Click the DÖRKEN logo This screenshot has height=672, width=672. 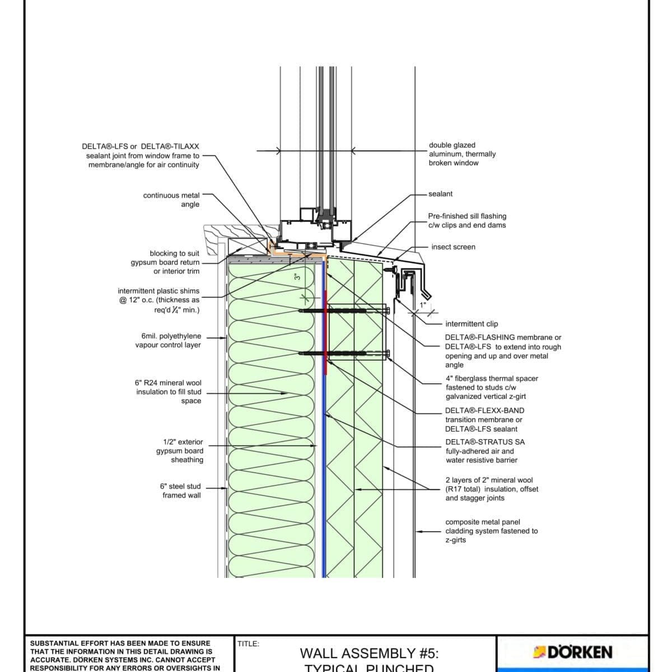[x=572, y=652]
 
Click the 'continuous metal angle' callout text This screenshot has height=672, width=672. [x=171, y=200]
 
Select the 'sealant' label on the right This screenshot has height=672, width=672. [x=440, y=194]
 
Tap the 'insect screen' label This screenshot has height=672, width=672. [x=453, y=247]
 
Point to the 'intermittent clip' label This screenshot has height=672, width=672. [x=471, y=324]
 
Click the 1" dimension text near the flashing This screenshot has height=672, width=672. [x=423, y=305]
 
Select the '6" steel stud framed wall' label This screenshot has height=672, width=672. [x=180, y=491]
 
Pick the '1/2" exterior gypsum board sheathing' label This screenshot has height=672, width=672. [x=180, y=451]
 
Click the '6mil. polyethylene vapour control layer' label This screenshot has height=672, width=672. [x=168, y=340]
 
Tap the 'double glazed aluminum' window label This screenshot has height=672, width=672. [x=462, y=154]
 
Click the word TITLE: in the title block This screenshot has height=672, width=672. [x=248, y=644]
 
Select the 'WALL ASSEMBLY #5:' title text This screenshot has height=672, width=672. [x=369, y=653]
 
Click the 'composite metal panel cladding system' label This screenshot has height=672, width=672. [x=491, y=531]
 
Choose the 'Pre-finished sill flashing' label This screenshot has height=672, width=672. [x=466, y=221]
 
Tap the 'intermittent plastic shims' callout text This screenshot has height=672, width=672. [x=158, y=300]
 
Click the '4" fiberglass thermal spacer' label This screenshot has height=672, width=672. [x=492, y=388]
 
